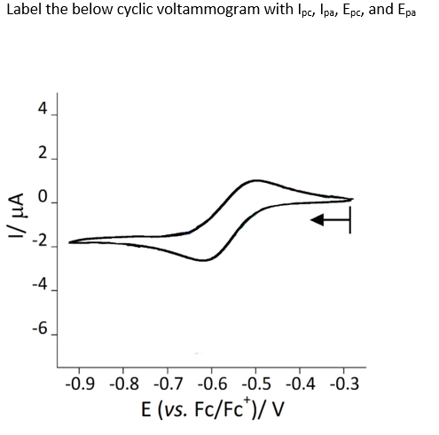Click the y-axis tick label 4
click(x=43, y=110)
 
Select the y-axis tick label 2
click(x=43, y=154)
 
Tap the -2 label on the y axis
click(x=39, y=242)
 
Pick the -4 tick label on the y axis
click(x=39, y=286)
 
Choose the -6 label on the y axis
click(x=39, y=330)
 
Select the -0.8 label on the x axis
click(x=124, y=384)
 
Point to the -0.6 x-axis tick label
click(x=212, y=384)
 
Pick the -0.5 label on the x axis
click(x=256, y=384)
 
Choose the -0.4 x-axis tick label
click(x=300, y=384)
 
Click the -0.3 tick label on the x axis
click(x=344, y=384)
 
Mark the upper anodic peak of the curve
click(x=256, y=180)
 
